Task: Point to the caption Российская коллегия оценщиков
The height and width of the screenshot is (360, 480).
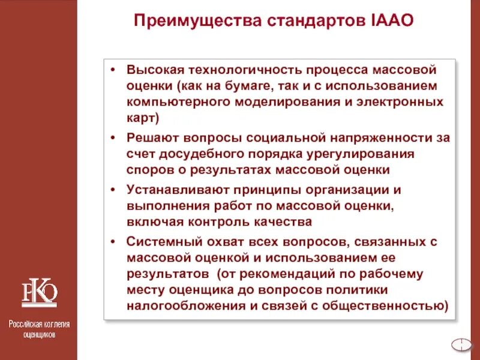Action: [39, 329]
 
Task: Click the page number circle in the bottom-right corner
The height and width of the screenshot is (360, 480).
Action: [460, 344]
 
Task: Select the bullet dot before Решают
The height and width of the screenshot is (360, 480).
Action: [113, 137]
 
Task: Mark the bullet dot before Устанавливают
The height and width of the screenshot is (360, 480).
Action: [113, 190]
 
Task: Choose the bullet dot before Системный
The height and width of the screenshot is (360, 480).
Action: [113, 242]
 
